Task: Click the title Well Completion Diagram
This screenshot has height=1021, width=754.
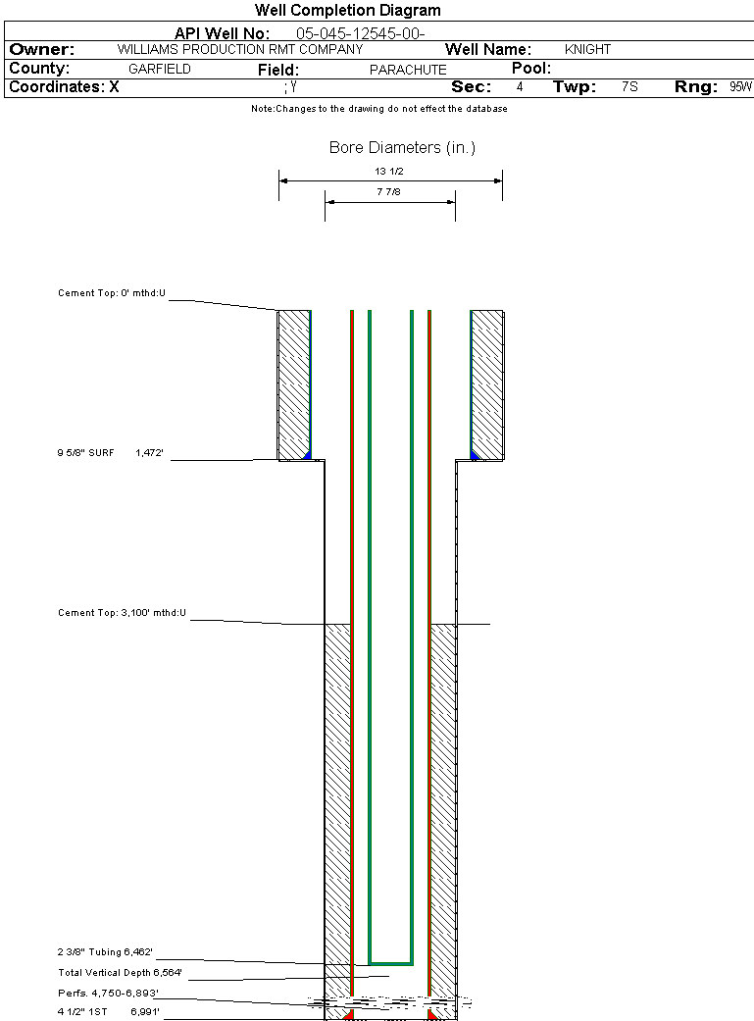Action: click(x=348, y=11)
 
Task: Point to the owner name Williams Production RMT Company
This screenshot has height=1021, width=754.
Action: click(x=239, y=49)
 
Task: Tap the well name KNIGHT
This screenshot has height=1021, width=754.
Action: click(x=587, y=49)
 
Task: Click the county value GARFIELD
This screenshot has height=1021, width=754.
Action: click(x=160, y=70)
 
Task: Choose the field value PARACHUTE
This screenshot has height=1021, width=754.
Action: click(x=408, y=70)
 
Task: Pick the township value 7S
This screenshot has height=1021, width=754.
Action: click(x=629, y=87)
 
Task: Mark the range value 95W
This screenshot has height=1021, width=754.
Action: click(x=740, y=87)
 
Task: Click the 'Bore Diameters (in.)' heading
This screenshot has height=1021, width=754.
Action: click(x=402, y=148)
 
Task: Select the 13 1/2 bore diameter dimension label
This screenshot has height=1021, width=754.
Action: click(x=389, y=171)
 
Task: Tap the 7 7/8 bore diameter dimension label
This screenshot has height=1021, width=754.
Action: click(x=389, y=192)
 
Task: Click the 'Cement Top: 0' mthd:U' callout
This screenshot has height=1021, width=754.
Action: click(x=112, y=293)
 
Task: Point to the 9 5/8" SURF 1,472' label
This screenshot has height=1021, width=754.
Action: click(x=109, y=453)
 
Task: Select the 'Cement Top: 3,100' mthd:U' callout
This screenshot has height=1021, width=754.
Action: click(x=122, y=613)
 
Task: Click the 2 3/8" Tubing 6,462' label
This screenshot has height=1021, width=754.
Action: click(x=105, y=951)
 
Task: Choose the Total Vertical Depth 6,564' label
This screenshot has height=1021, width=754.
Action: click(x=120, y=972)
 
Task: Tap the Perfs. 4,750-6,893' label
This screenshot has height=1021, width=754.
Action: click(x=108, y=993)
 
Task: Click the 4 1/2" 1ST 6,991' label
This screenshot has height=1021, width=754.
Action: click(x=108, y=1011)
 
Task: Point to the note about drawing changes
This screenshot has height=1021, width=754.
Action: click(x=379, y=109)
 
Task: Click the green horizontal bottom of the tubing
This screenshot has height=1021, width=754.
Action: click(x=390, y=962)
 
